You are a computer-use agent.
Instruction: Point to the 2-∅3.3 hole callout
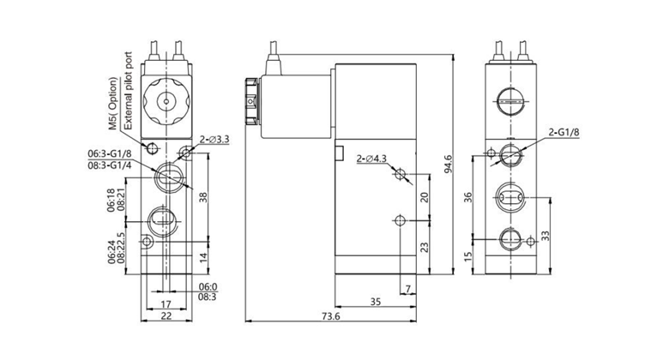214,138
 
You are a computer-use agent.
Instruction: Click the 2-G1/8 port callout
564,132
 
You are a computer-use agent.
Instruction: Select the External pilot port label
129,91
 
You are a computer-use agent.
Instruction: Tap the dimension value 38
203,196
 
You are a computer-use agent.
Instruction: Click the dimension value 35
375,302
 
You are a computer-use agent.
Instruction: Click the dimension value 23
425,247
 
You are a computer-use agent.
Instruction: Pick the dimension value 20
425,196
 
